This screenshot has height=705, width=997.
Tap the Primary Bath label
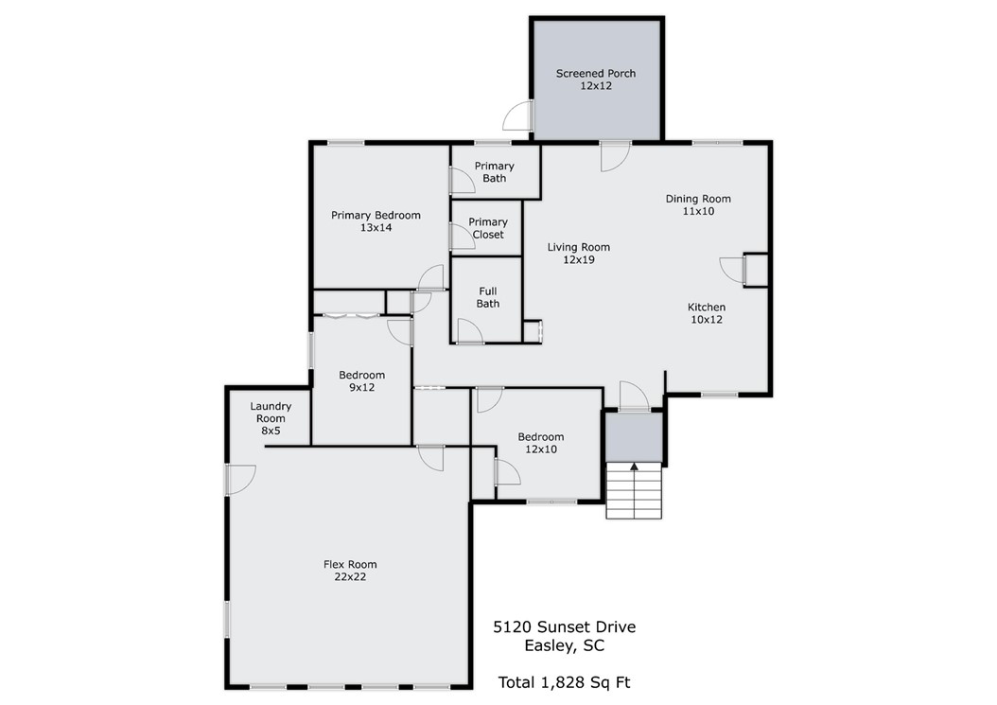coord(494,172)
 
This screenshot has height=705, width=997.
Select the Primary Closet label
coord(488,228)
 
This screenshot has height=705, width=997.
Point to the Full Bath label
coord(488,298)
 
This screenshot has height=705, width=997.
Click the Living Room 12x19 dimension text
coord(579,259)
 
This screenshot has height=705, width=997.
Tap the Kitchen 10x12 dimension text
coord(707,320)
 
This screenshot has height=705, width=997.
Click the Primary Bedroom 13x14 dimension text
coord(376,227)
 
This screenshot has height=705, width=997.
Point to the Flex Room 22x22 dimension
coord(350,577)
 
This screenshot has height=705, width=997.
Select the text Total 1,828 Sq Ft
coord(564,682)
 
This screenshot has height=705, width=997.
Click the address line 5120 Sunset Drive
coord(564,626)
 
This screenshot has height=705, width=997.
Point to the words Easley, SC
coord(564,645)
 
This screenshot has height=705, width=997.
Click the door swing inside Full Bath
coord(470,331)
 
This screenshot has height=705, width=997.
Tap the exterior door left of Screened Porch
coord(517,115)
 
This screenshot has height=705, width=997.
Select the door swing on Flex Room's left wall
coord(240,479)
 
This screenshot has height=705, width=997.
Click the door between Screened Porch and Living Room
coord(616,156)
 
